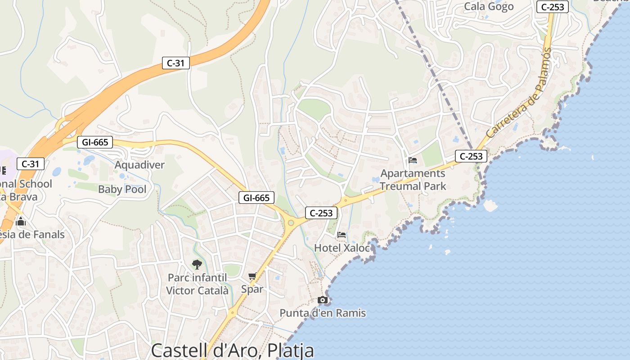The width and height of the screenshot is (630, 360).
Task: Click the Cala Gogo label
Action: pos(488,6)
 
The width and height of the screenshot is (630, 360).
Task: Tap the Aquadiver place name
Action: pos(139,165)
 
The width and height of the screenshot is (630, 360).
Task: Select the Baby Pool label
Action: pos(122,189)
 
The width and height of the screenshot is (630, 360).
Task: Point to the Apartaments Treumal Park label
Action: pos(413,180)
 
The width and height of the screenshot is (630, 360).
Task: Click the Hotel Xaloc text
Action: pos(342,248)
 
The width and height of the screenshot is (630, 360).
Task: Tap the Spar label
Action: pos(252,289)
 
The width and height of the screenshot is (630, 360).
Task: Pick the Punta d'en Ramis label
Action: pos(323,313)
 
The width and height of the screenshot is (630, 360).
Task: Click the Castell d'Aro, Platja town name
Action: pos(232,350)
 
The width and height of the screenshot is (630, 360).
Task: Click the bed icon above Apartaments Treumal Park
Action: pos(413,160)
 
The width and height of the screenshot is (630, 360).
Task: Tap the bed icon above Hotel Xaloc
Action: pos(342,235)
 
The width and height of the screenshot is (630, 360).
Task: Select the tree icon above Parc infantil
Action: pos(197,264)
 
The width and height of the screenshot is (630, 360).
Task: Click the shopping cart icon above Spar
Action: pos(252,276)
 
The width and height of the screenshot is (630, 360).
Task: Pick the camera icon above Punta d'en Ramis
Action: pos(323,300)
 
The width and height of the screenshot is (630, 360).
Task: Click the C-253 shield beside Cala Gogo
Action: pos(553,7)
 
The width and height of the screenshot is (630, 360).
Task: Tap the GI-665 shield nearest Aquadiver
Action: pos(94,142)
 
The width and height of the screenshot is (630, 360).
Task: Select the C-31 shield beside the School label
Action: pos(31,164)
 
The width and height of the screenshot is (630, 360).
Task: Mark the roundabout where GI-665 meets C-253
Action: pos(291,222)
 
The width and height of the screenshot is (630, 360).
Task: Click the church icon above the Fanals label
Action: pos(20,221)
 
